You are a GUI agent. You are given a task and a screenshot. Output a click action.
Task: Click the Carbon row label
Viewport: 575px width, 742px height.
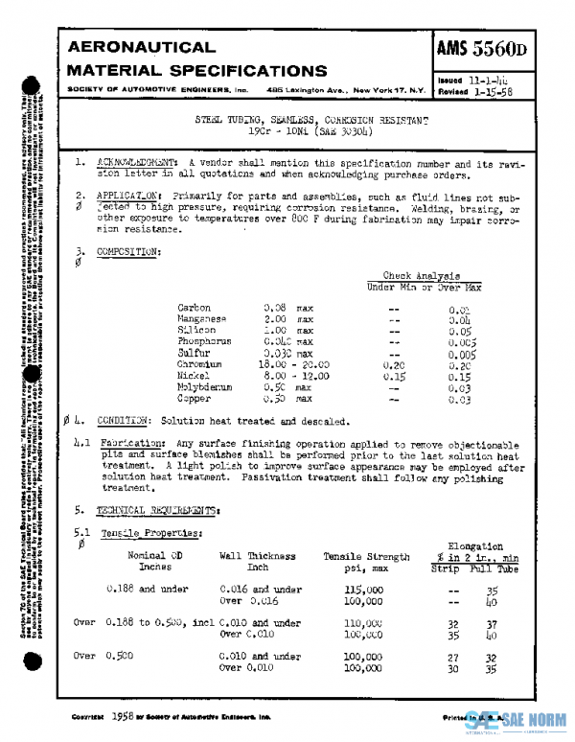coord(195,308)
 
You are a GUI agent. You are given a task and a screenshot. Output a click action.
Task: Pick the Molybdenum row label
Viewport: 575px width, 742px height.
coord(205,388)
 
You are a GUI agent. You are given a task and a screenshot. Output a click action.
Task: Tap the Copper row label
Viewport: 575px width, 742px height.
coord(195,400)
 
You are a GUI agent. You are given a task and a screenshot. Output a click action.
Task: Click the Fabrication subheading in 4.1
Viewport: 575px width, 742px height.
coord(134,444)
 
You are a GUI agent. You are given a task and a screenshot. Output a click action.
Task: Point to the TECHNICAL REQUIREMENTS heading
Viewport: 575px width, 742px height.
coord(157,509)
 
